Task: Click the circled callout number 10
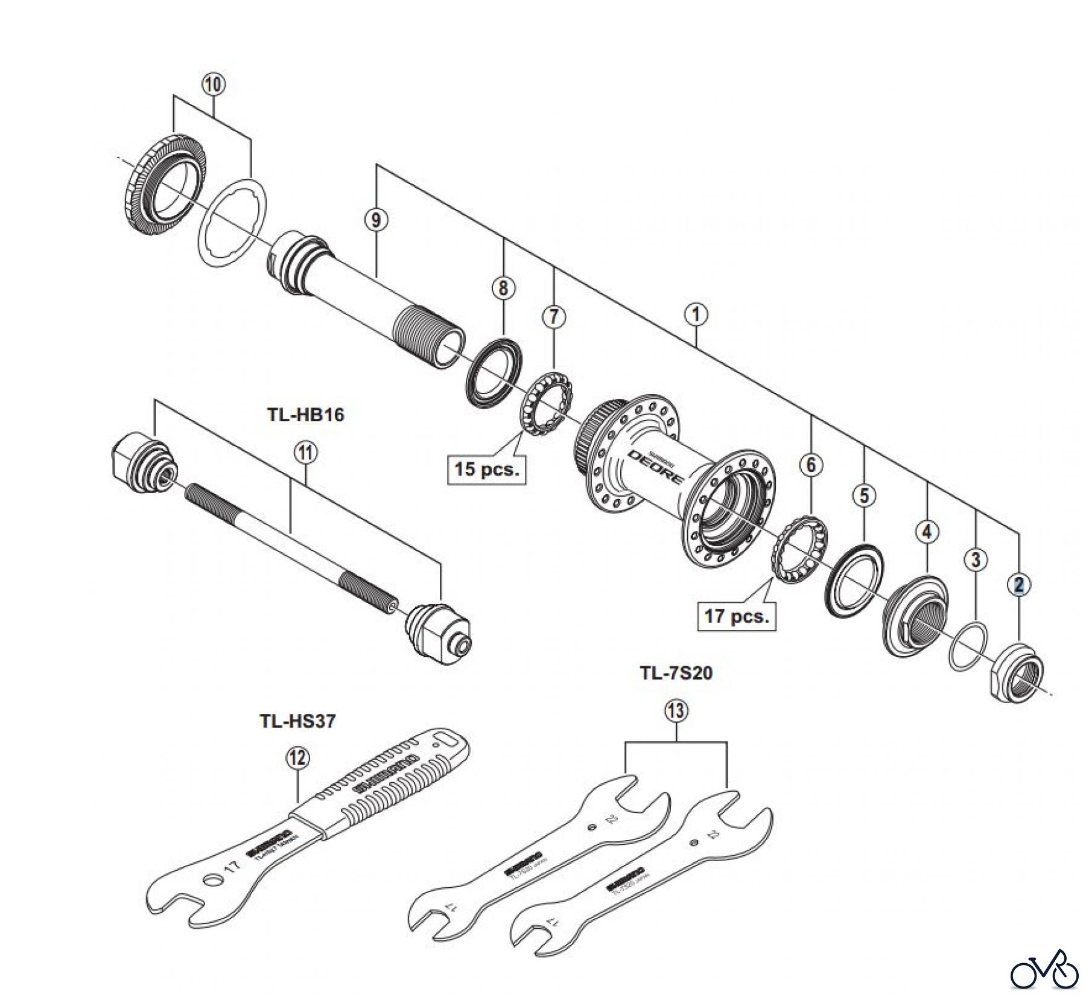tap(214, 84)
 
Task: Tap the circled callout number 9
tap(376, 220)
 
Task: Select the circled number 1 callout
tap(696, 314)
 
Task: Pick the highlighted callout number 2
tap(1019, 585)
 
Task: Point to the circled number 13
tap(676, 712)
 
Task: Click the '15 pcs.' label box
tap(486, 468)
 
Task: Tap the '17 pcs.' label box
tap(736, 616)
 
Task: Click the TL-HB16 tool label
tap(305, 415)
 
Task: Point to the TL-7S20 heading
tap(676, 672)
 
